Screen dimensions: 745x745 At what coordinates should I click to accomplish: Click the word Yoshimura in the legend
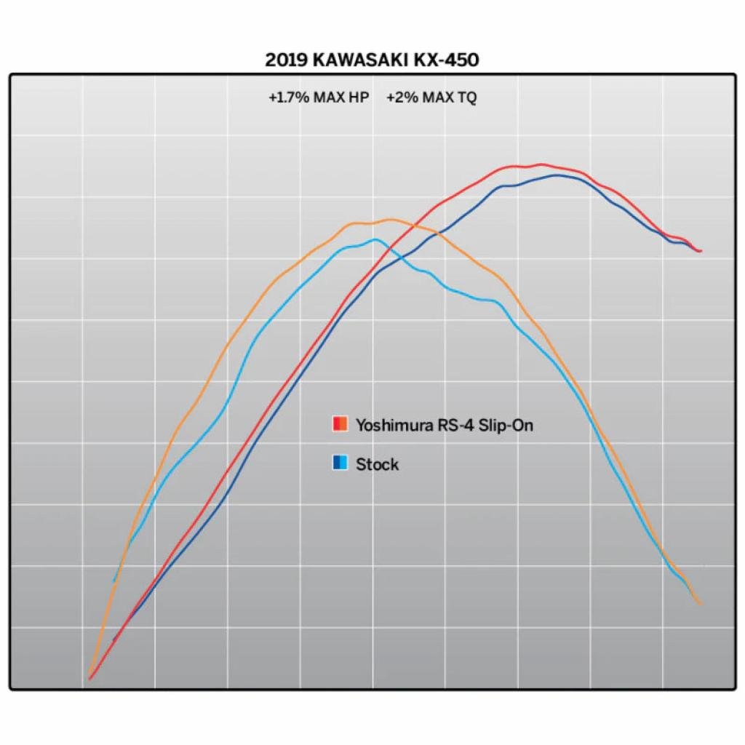389,425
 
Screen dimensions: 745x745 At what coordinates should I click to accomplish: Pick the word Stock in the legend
377,463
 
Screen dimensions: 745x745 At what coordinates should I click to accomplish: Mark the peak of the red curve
541,164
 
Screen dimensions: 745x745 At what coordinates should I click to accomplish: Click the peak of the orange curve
390,219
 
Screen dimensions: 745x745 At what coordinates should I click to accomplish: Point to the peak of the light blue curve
375,239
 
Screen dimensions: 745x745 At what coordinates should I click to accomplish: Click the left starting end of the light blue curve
114,581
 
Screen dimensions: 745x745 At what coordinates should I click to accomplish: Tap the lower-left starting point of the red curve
89,679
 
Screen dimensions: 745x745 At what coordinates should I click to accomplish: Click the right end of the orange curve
700,603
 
